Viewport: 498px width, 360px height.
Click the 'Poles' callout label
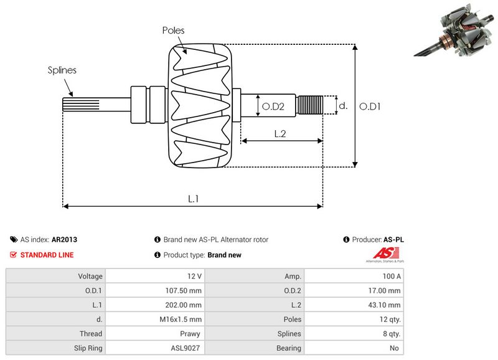click(173, 30)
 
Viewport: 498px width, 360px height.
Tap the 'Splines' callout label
click(62, 70)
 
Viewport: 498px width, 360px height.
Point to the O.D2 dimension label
click(273, 107)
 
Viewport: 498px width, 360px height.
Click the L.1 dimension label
click(194, 199)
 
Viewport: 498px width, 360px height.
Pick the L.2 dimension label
click(280, 133)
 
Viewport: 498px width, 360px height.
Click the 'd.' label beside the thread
click(342, 106)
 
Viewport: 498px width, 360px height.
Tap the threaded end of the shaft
click(310, 105)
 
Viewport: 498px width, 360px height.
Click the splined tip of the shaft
click(74, 105)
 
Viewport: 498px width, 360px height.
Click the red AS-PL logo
click(381, 253)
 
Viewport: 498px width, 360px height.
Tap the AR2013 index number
click(65, 239)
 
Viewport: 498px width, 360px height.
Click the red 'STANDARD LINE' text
click(47, 255)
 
